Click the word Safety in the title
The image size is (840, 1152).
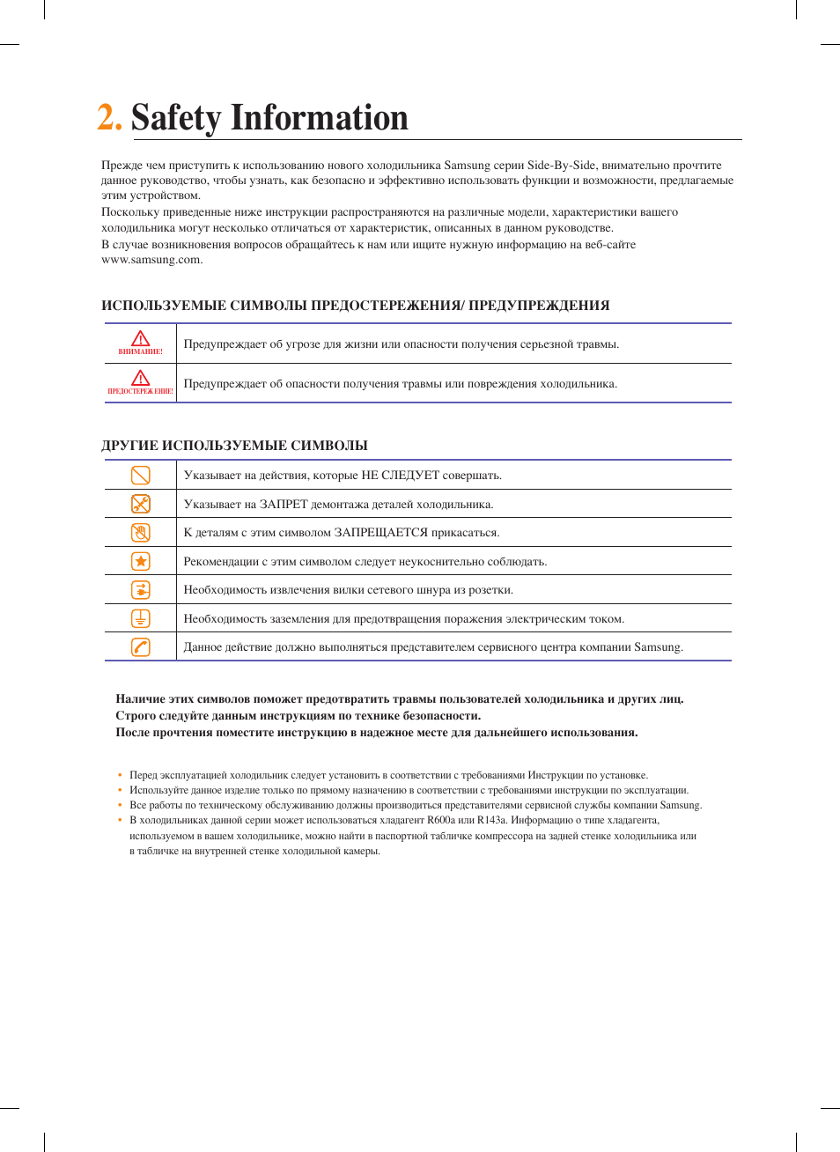click(176, 118)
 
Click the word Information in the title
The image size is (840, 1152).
click(320, 118)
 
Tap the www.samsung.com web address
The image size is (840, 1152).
click(151, 260)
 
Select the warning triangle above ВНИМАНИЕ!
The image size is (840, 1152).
click(140, 338)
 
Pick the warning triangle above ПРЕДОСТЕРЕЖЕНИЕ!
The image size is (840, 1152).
click(140, 378)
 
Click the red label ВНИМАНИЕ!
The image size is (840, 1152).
click(140, 351)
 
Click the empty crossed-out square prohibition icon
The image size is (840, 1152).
click(140, 476)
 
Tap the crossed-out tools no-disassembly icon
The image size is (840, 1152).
click(140, 504)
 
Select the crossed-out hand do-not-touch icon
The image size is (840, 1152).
click(140, 532)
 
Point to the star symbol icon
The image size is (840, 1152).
click(140, 561)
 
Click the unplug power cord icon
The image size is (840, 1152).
click(140, 590)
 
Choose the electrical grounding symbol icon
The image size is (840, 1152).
click(140, 618)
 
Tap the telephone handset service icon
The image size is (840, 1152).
click(140, 647)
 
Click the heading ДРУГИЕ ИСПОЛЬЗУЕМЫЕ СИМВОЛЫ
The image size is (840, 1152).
click(234, 446)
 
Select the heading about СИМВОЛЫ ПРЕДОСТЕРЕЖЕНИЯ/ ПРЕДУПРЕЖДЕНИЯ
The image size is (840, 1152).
click(355, 306)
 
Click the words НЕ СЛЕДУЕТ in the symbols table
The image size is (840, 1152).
click(400, 476)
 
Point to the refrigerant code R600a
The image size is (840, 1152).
click(441, 820)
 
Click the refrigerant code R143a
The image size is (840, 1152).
click(492, 820)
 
